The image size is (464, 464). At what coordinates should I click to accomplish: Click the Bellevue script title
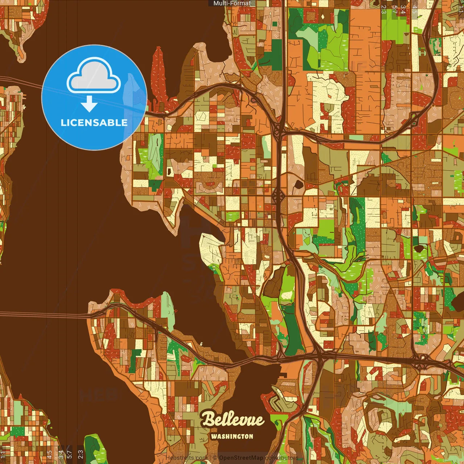coord(233,419)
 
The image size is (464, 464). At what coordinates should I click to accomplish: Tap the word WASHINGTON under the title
coord(232,436)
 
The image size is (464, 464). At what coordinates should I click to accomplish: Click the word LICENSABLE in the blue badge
coord(94,123)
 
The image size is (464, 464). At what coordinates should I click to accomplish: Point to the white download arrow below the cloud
coord(89,104)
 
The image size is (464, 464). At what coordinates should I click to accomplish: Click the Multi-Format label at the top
coord(232,3)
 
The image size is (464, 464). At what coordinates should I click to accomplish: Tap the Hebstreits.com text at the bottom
coord(186,458)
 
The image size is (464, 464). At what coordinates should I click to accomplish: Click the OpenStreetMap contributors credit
coord(258,458)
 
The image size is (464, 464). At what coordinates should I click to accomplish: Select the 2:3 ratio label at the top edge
coord(384,9)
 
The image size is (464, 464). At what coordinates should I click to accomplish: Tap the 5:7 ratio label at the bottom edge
coord(69,454)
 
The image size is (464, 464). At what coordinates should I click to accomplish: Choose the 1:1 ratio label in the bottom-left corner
coord(3,454)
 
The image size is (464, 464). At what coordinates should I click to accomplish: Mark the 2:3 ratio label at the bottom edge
coord(80,454)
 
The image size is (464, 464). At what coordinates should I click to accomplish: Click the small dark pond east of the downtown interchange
coord(298,185)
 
